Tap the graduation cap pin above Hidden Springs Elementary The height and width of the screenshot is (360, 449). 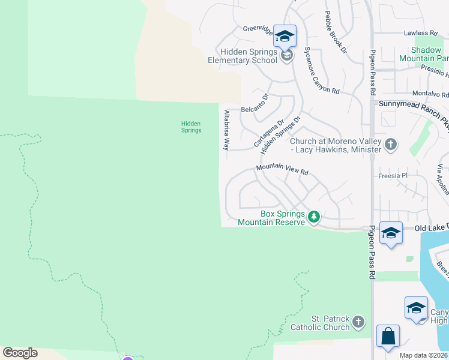285,37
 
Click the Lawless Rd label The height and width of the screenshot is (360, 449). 421,34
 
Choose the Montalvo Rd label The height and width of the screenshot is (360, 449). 430,94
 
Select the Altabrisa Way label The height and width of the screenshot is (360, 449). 227,130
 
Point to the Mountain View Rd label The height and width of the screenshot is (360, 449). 282,170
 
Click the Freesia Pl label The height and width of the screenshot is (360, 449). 393,176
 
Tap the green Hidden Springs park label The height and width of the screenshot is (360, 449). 191,127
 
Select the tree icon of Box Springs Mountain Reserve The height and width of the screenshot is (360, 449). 313,217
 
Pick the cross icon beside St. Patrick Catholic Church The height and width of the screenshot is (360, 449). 359,322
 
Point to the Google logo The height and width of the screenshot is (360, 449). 20,353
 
